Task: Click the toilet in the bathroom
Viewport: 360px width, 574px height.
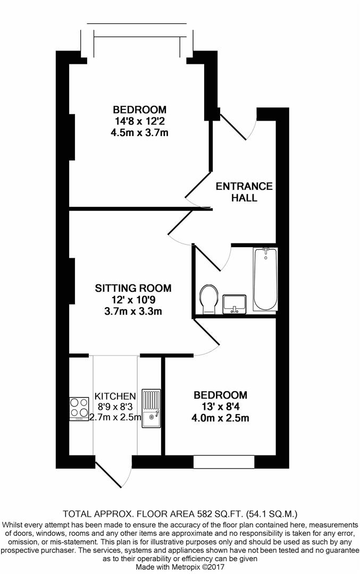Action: coord(209,299)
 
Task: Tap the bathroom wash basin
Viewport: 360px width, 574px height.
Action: coord(235,304)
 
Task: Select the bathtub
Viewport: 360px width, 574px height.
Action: coord(265,280)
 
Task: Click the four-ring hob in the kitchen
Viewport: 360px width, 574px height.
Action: coord(79,408)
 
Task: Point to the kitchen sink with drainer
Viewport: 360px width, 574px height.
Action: coord(151,408)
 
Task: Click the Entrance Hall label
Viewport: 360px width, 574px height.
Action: coord(244,192)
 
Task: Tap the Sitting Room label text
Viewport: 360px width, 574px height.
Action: coord(133,288)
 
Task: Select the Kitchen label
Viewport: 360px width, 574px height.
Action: coord(115,396)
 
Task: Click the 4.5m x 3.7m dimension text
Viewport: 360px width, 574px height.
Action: coord(139,132)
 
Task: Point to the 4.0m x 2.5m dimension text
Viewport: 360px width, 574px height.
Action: coord(220,418)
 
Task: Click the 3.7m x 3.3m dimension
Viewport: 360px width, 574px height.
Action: coord(133,311)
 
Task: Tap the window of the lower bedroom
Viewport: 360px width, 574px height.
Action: coord(224,462)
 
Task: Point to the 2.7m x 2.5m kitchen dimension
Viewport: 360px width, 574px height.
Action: coord(115,417)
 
